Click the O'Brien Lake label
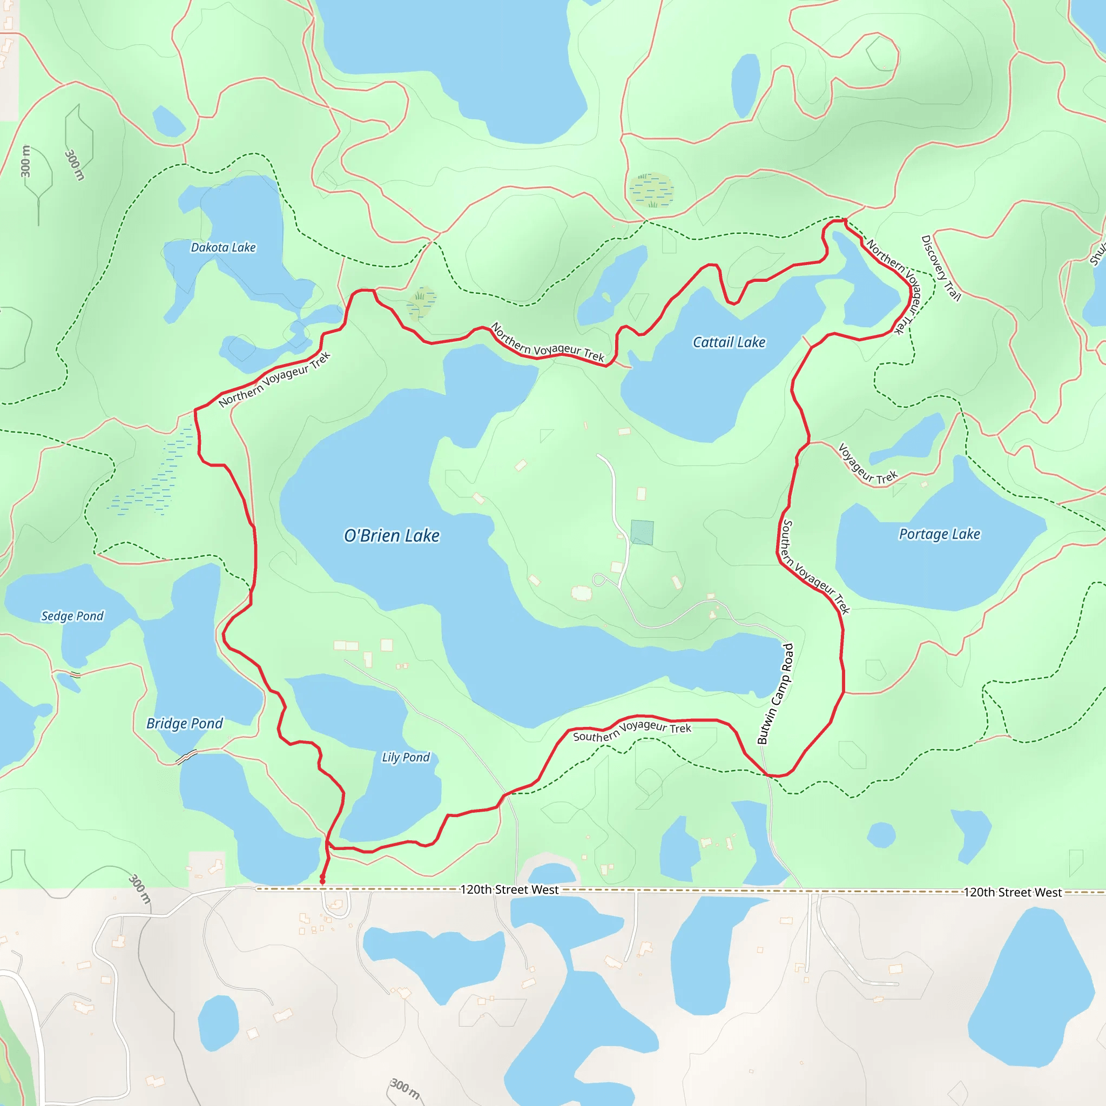(392, 536)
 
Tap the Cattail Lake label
(729, 342)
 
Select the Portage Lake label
(940, 534)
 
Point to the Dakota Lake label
(223, 247)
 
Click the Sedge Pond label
(72, 616)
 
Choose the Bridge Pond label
(184, 724)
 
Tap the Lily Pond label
(406, 757)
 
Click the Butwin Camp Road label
(775, 694)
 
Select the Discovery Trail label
(940, 268)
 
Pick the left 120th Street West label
(509, 889)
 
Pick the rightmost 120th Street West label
(1012, 893)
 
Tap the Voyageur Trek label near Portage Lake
(867, 465)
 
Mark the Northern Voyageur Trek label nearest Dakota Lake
(275, 380)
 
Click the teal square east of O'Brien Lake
(642, 532)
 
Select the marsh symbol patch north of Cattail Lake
(651, 190)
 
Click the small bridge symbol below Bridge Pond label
(186, 757)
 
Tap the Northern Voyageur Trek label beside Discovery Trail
(896, 286)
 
